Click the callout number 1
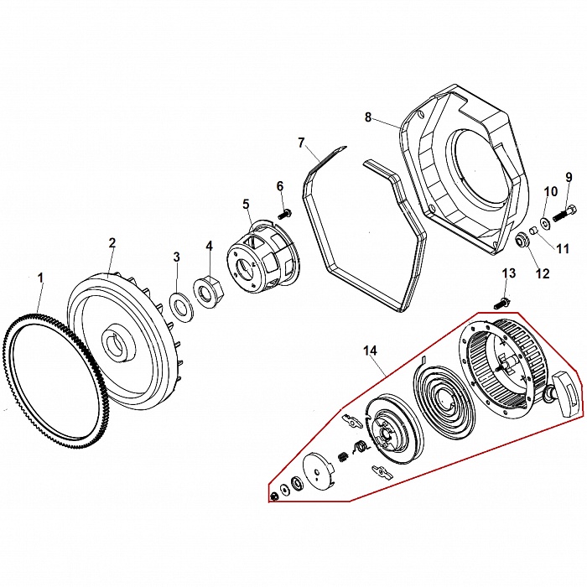(x=39, y=278)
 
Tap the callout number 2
(x=112, y=243)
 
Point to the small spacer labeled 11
(x=533, y=231)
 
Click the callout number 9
(x=569, y=177)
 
